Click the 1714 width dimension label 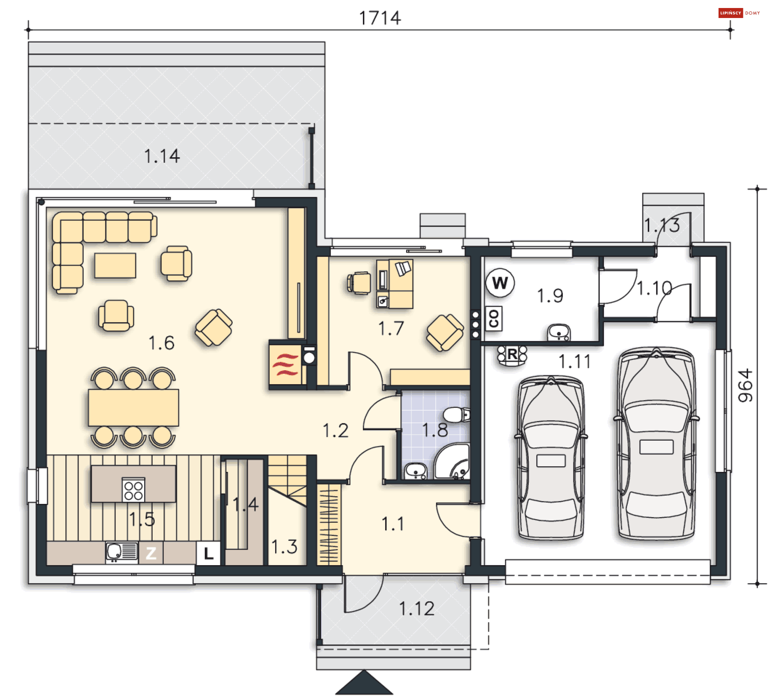click(x=380, y=18)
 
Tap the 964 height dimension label click(x=745, y=386)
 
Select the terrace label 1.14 click(x=162, y=156)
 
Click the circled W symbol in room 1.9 click(x=500, y=283)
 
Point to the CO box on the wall click(x=493, y=319)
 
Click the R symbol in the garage click(x=512, y=355)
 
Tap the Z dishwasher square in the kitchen click(x=151, y=553)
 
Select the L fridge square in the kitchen click(x=208, y=553)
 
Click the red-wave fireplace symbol click(x=285, y=365)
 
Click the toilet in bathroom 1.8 click(x=456, y=415)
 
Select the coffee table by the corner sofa click(x=115, y=265)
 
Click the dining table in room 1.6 click(x=133, y=407)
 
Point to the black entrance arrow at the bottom click(x=364, y=683)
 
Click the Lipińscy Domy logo click(x=739, y=13)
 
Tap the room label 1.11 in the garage click(x=574, y=362)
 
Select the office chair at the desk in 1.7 click(x=359, y=283)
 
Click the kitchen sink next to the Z click(x=115, y=551)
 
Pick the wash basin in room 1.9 click(x=559, y=332)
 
